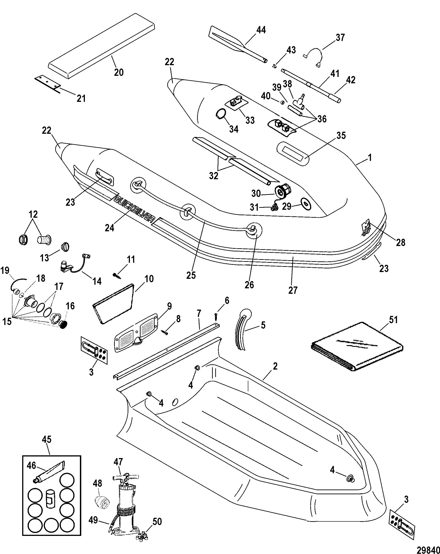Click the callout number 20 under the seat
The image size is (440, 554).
pos(119,72)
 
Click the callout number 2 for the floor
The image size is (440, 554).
pos(275,366)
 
